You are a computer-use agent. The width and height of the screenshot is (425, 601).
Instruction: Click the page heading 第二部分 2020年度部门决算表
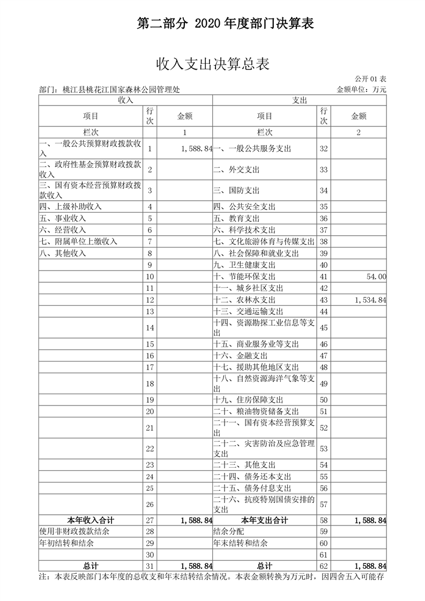(x=225, y=23)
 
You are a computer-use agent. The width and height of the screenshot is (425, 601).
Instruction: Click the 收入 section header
(x=125, y=100)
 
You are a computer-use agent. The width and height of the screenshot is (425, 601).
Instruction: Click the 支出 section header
(x=299, y=100)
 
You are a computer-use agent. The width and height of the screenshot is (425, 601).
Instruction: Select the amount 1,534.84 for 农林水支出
(x=370, y=300)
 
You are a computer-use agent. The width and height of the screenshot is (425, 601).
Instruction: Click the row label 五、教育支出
(x=236, y=218)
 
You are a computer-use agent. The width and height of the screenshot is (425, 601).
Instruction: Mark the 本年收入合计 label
(x=91, y=520)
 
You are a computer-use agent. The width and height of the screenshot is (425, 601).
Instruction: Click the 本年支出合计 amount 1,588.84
(x=370, y=520)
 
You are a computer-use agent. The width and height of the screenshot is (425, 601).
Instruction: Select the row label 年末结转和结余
(x=240, y=543)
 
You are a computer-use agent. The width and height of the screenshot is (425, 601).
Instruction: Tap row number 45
(x=323, y=327)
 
